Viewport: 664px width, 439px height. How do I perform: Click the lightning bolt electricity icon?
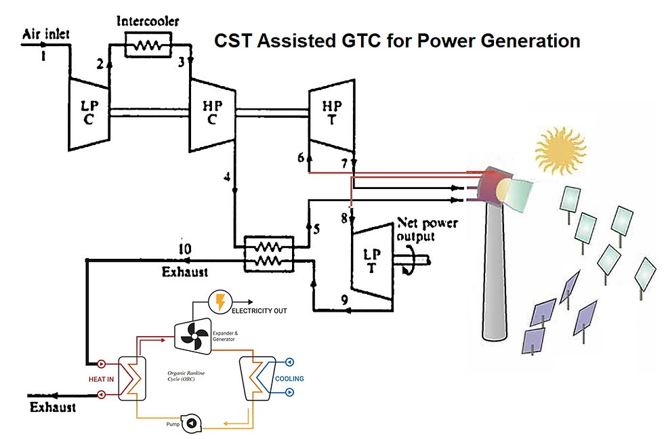coord(219,301)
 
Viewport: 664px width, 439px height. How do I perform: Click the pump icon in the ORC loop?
coord(192,423)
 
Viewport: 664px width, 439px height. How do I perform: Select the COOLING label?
coord(289,379)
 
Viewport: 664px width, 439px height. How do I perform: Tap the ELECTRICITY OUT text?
coord(260,311)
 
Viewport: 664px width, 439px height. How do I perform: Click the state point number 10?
coord(184,249)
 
